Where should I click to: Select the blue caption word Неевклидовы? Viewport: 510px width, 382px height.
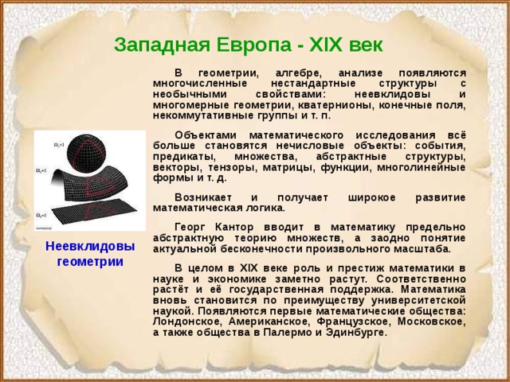tap(89, 246)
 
